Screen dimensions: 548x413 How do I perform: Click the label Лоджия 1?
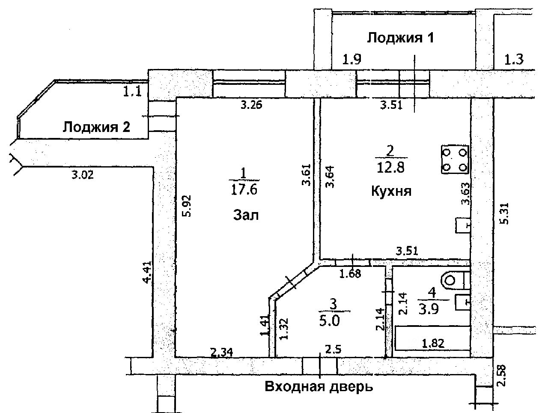click(x=401, y=38)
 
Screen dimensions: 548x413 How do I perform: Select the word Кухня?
click(x=391, y=191)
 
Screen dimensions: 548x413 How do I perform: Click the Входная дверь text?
click(x=319, y=387)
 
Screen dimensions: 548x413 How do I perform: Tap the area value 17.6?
click(x=244, y=189)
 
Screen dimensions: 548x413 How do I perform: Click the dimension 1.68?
click(x=350, y=273)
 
